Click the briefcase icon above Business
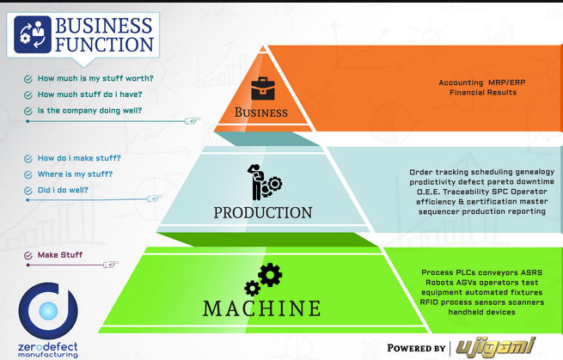261,88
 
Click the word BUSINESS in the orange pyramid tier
261,113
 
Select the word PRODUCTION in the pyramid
263,212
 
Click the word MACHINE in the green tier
262,307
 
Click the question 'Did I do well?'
62,190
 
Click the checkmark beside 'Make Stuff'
28,254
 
